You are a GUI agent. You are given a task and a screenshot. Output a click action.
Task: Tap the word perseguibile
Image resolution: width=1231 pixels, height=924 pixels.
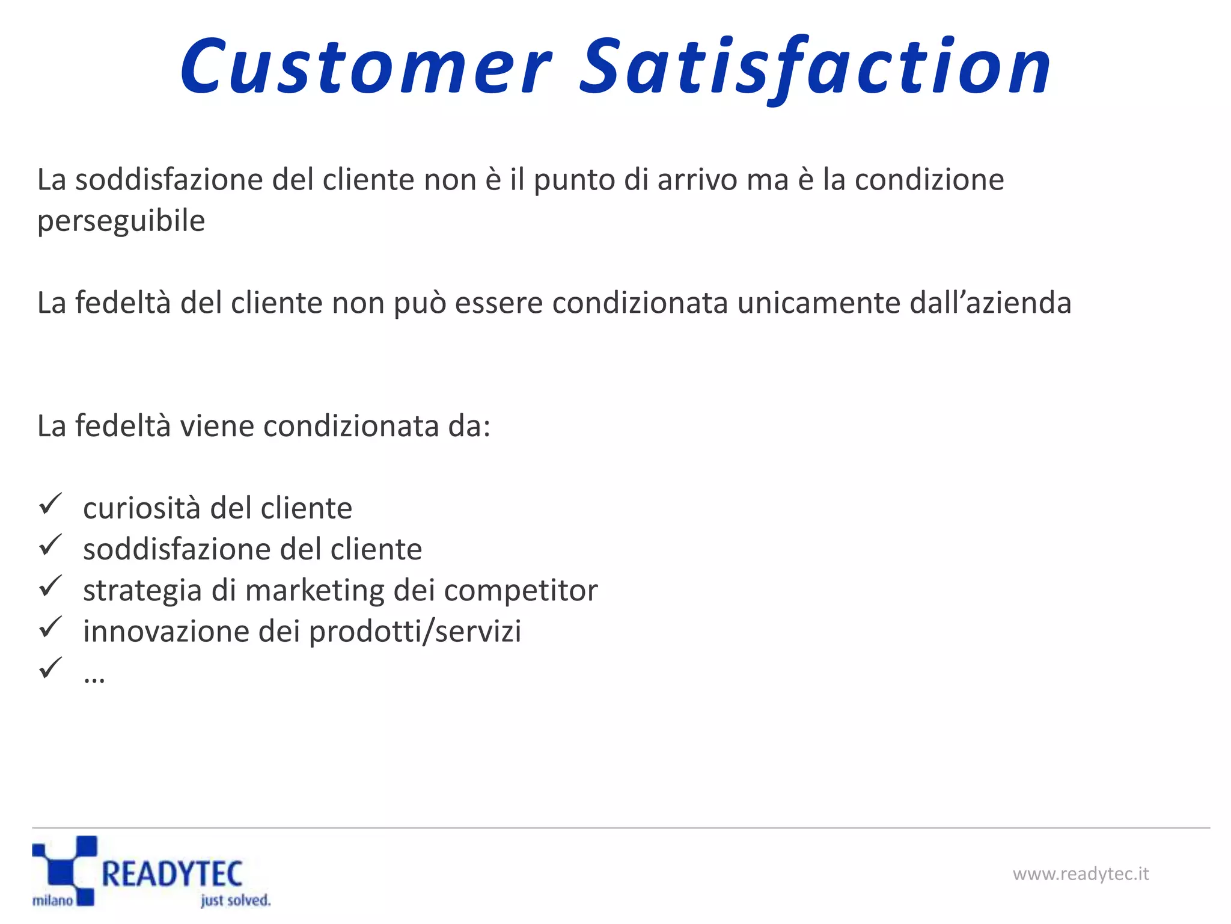coord(121,221)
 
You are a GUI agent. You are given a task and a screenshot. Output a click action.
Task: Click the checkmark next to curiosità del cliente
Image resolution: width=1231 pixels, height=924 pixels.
coord(50,504)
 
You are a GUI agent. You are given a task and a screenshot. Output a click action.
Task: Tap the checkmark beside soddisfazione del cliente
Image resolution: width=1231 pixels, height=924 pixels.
coord(50,545)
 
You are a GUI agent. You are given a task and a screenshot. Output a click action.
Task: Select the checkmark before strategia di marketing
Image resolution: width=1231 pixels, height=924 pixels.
coord(50,586)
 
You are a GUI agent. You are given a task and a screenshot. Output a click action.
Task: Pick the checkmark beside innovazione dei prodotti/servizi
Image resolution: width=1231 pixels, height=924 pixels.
coord(50,627)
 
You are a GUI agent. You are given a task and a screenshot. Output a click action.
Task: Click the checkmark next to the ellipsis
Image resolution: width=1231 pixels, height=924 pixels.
coord(50,668)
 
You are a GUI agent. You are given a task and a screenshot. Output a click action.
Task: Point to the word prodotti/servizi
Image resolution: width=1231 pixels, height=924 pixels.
coord(415,632)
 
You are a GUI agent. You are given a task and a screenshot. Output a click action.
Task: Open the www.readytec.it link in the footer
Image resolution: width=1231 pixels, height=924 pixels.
coord(1080,873)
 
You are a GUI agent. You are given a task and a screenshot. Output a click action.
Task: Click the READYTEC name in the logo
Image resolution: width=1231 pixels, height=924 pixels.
coord(172,873)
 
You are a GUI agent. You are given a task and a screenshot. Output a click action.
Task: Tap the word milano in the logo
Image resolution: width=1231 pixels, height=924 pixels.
coord(53,901)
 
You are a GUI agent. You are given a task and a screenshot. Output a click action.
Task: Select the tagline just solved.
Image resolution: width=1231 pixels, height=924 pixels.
coord(235,901)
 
